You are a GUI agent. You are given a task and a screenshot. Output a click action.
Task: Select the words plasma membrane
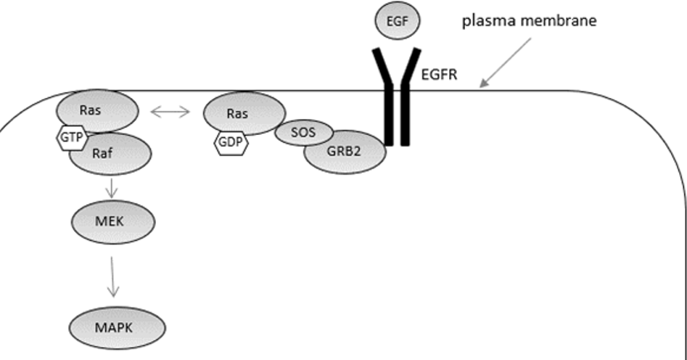click(530, 21)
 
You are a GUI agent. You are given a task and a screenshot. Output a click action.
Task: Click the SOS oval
click(303, 133)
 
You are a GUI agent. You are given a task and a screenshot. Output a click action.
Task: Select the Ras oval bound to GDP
click(244, 113)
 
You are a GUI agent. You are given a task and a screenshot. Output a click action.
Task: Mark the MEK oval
click(112, 222)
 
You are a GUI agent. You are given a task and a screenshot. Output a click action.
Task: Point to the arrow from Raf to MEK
click(111, 188)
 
